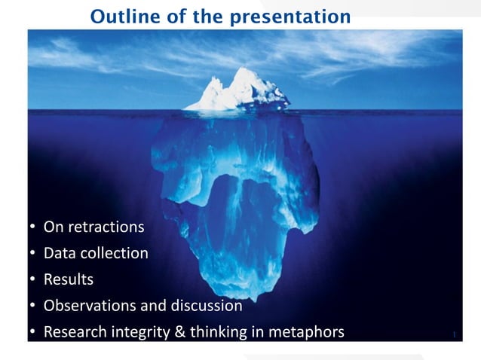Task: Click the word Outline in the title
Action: [x=117, y=15]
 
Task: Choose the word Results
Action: [x=69, y=279]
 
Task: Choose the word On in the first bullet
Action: [x=53, y=227]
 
